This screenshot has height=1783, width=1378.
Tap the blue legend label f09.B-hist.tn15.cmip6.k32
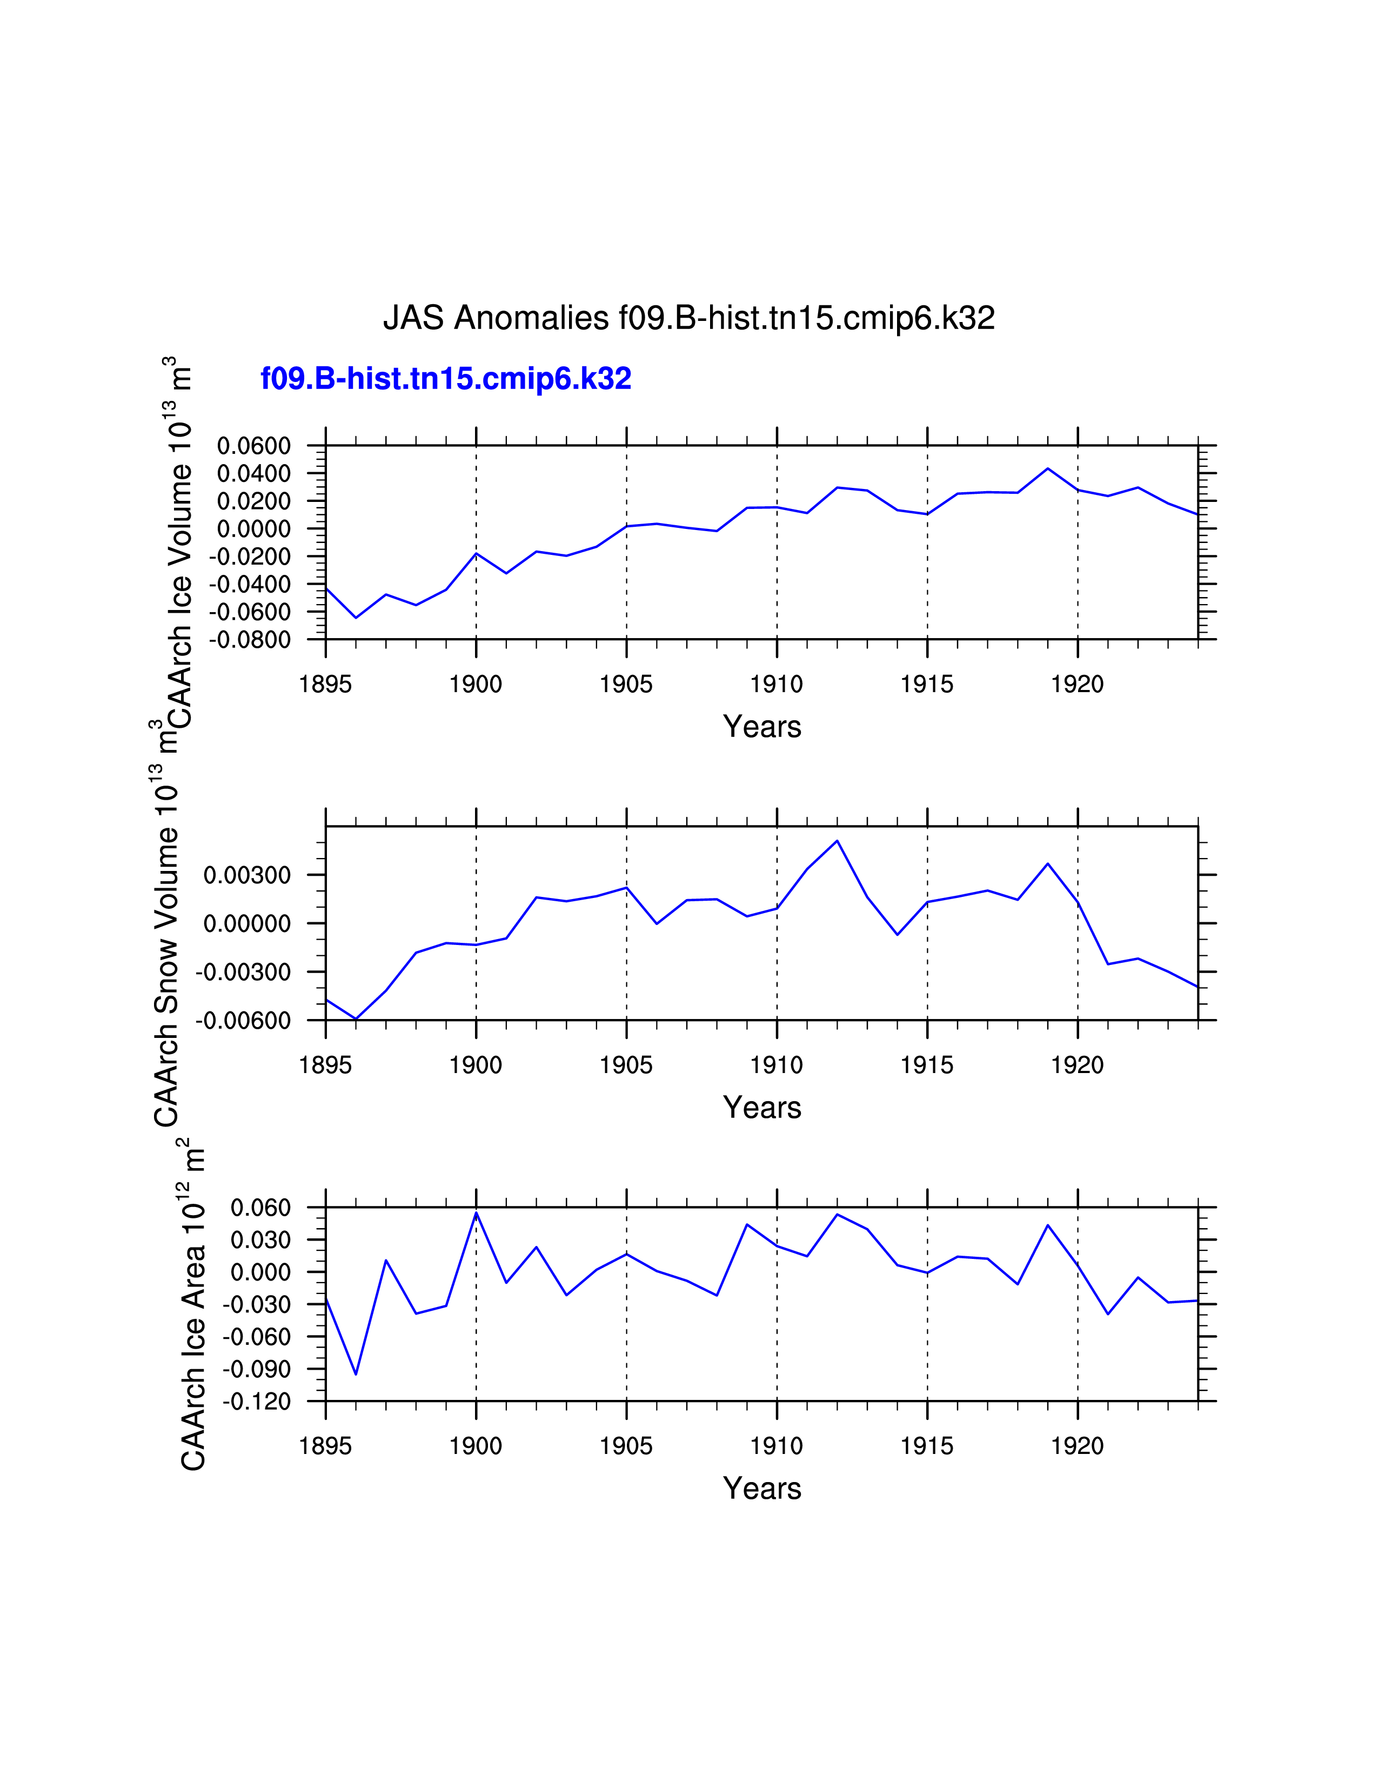(x=446, y=379)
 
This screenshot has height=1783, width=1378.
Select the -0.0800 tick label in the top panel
(x=250, y=640)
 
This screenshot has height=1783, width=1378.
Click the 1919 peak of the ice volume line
(x=1047, y=468)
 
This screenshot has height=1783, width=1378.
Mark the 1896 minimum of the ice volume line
(x=356, y=617)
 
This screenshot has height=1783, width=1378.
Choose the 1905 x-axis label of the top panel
(x=626, y=684)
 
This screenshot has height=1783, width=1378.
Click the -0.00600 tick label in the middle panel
(x=243, y=1021)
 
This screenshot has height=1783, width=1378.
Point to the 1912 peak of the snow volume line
(x=837, y=841)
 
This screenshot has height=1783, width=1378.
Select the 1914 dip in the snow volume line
(x=897, y=934)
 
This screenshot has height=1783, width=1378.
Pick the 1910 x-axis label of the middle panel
(x=777, y=1065)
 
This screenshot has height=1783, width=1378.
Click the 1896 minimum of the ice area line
(x=356, y=1374)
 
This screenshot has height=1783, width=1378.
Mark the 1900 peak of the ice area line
(x=476, y=1212)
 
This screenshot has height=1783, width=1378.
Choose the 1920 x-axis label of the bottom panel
(x=1077, y=1446)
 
